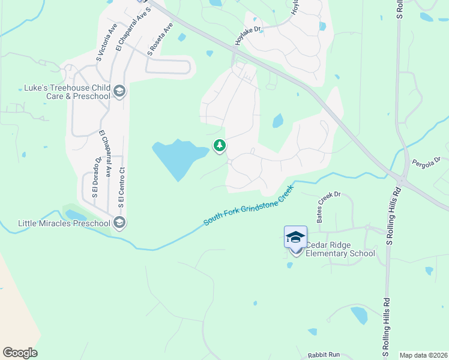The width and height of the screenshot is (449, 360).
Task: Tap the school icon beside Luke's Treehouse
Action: pos(119,91)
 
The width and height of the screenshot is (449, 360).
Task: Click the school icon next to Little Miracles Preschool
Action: pos(119,223)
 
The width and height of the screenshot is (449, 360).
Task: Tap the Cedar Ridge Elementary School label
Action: pos(340,249)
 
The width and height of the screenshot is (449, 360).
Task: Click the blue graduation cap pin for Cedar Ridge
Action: pos(295,237)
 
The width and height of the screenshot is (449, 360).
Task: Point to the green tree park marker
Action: pos(220,145)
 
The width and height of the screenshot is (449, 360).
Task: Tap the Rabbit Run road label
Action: pos(324,355)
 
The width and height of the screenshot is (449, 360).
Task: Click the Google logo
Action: pos(20,353)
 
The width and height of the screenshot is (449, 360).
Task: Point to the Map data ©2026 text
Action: pos(423,355)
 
